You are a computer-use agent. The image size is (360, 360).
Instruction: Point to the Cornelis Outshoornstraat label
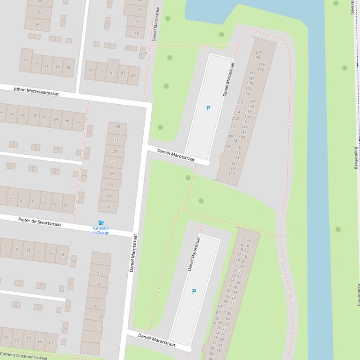point(23,355)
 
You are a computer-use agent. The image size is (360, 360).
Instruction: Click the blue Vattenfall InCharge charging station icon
point(101,223)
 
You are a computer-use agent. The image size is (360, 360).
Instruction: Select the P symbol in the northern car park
point(208,108)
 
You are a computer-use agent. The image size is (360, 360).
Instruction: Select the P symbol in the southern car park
point(194,291)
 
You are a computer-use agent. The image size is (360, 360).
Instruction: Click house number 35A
point(143,53)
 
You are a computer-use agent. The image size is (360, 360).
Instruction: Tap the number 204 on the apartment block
point(258,52)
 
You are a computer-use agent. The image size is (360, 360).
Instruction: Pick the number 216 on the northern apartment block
point(240,103)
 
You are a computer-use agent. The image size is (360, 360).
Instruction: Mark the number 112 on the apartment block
point(232,173)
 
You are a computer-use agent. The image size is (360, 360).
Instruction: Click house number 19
point(108,207)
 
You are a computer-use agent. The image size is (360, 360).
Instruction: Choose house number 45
point(133,76)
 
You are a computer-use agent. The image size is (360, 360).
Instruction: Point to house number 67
point(51,342)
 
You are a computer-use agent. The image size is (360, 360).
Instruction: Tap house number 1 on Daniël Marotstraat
point(96,351)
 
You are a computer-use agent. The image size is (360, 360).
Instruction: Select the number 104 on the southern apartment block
point(219,306)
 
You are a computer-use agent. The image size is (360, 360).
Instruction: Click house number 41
point(112,73)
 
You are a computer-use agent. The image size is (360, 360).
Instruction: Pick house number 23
point(110,185)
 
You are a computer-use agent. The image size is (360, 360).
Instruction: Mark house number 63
point(29,337)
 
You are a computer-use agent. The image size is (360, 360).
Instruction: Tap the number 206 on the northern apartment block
point(228,146)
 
